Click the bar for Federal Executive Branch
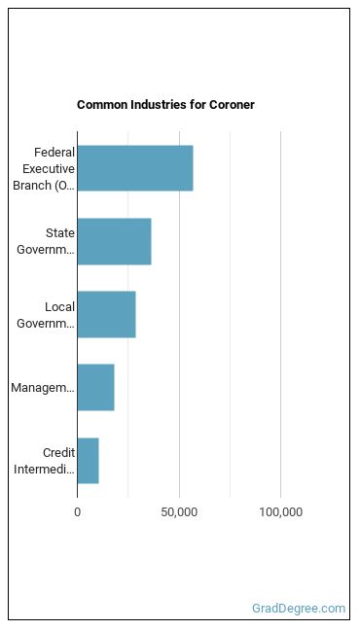coord(135,168)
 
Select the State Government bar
coord(114,241)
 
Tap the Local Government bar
coord(107,315)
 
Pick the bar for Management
coord(95,388)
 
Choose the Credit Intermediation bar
coord(89,461)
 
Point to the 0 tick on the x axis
coord(77,512)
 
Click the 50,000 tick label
coord(179,512)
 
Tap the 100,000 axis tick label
coord(281,512)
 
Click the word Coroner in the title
coord(232,105)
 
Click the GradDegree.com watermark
coord(299,609)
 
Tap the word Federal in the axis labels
coord(54,153)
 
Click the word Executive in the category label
coord(49,169)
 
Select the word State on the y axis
coord(60,233)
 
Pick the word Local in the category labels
coord(60,307)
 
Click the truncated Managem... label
coord(43,388)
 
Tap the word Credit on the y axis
coord(59,453)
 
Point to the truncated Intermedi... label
coord(44,470)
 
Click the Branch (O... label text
coord(44,186)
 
